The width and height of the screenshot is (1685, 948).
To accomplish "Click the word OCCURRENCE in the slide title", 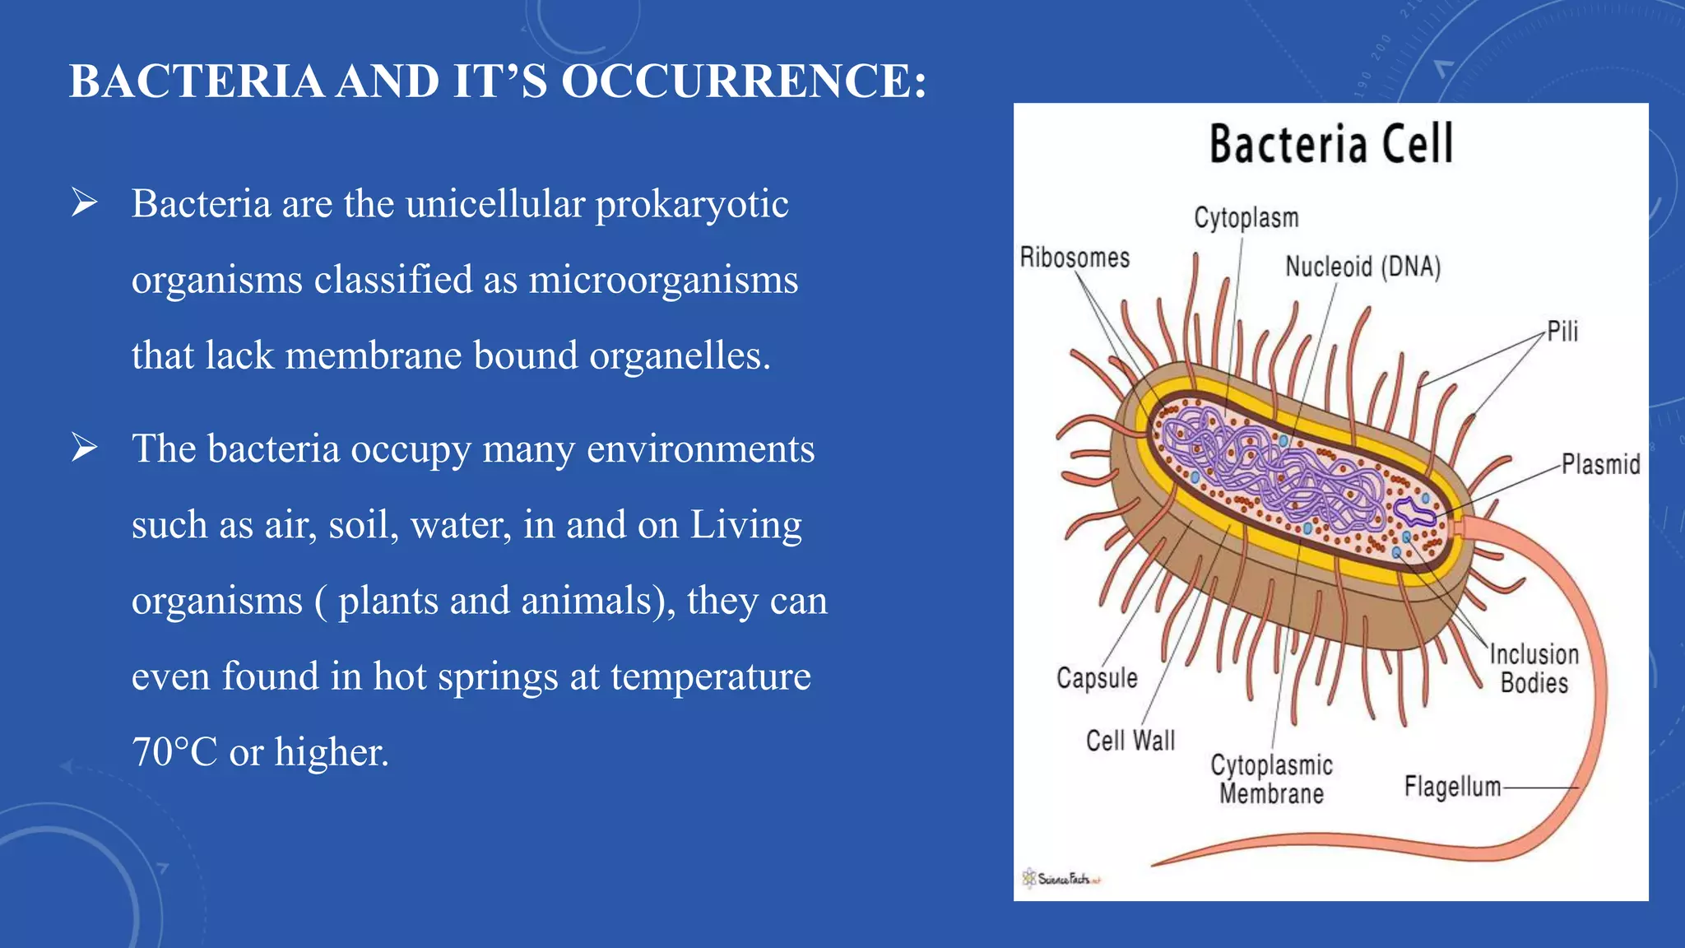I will click(x=744, y=82).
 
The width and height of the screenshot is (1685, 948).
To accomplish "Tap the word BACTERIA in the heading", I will click(x=197, y=82).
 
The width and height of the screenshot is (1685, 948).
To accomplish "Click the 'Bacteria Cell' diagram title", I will click(x=1330, y=145).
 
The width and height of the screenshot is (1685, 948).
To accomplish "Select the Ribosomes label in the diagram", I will click(x=1075, y=258).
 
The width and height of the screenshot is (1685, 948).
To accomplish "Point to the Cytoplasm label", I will click(x=1246, y=218).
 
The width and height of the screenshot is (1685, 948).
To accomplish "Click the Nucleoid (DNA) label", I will click(x=1362, y=267).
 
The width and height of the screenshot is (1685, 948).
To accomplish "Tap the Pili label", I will click(x=1562, y=332).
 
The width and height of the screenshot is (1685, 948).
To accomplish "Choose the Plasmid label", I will click(x=1600, y=464).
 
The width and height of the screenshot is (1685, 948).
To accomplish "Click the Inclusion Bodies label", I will click(x=1534, y=668).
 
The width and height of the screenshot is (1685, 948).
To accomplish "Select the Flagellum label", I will click(x=1452, y=787).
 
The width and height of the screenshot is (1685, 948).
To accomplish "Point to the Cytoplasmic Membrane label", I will click(x=1271, y=779).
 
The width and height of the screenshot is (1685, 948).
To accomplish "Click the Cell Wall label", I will click(x=1130, y=741).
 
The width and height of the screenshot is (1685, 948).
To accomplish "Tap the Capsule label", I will click(x=1097, y=678).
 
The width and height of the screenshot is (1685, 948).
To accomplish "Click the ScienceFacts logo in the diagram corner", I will click(x=1061, y=878).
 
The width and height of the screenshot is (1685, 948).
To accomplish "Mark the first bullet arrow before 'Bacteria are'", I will click(x=84, y=202).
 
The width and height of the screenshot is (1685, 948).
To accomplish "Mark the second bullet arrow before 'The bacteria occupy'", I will click(x=84, y=448).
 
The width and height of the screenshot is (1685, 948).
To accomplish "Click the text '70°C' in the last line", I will click(x=174, y=752).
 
